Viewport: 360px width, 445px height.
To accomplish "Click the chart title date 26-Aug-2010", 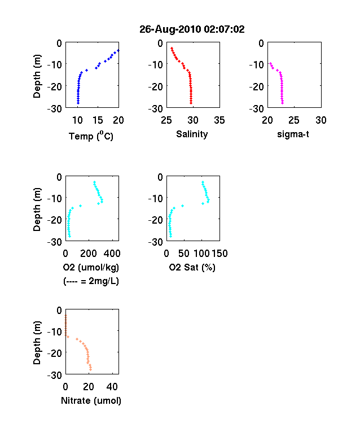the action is coord(170,29).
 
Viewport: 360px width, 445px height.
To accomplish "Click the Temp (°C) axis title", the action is coord(91,136).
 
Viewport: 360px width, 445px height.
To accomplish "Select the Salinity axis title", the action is coord(192,134).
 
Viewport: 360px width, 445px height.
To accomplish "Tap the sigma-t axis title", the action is coord(293,134).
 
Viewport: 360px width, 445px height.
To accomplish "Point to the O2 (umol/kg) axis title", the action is coord(91,268).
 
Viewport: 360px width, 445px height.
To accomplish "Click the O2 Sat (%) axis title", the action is coord(192,267).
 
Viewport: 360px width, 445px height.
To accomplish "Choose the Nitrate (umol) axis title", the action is coord(91,401).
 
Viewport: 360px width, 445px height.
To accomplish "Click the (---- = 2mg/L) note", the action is coord(91,281).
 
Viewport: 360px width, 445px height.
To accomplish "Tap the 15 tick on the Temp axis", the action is coord(98,120).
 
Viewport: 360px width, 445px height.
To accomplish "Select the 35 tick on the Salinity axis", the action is coord(219,120).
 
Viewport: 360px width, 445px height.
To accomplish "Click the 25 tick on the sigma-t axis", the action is coord(294,120).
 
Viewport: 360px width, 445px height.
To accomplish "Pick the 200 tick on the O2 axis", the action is coord(89,254).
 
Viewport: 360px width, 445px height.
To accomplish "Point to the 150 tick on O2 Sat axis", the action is coord(219,254).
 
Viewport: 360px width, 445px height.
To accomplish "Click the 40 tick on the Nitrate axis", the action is coord(112,386).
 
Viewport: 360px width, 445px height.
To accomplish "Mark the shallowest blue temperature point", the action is coord(118,50).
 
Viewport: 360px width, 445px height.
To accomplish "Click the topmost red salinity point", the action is coord(172,49).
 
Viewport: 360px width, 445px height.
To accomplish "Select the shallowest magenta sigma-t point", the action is coord(271,64).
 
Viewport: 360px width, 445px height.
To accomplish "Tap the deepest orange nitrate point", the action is coord(90,369).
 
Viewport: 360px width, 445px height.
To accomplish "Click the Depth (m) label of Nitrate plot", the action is coord(37,343).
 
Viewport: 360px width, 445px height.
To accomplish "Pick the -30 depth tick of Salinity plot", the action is coord(156,109).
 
